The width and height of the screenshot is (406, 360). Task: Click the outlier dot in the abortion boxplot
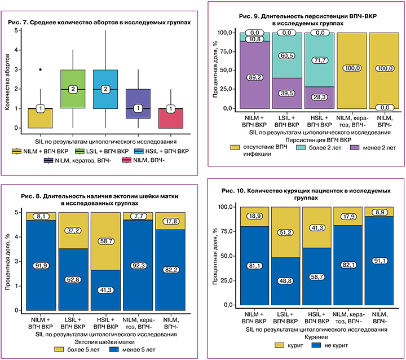click(x=40, y=69)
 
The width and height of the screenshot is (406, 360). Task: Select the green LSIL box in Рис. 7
click(x=73, y=89)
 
